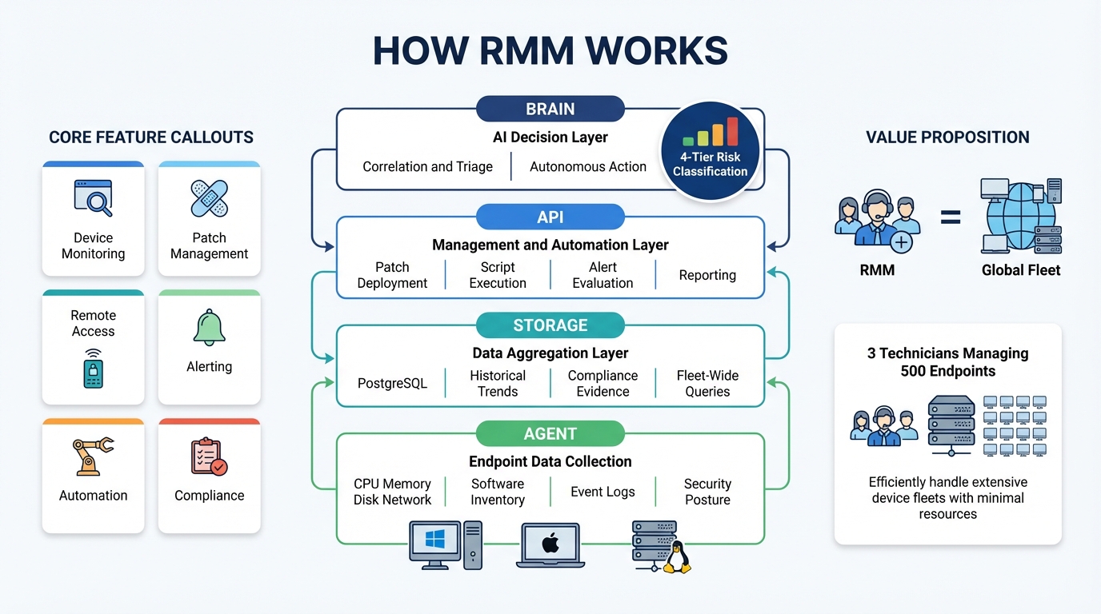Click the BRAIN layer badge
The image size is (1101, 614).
click(x=550, y=109)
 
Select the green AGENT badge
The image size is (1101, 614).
click(x=550, y=433)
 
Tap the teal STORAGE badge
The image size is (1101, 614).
click(x=550, y=325)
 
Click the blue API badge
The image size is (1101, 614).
click(x=550, y=217)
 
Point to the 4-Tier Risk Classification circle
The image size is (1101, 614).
click(x=710, y=150)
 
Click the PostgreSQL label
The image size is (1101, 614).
click(x=392, y=384)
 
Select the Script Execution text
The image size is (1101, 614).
click(x=498, y=275)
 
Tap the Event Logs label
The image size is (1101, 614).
click(x=603, y=492)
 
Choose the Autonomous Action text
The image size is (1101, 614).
click(x=588, y=167)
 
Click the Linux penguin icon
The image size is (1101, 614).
click(x=677, y=557)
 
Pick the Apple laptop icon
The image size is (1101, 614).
click(x=550, y=545)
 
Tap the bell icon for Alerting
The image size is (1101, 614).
click(x=210, y=328)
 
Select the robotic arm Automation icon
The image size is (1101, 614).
click(x=93, y=457)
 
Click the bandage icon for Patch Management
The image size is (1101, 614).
click(x=210, y=197)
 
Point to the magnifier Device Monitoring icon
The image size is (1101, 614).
click(x=94, y=197)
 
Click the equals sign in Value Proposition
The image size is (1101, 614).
click(x=950, y=217)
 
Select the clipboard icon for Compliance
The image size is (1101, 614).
click(x=209, y=457)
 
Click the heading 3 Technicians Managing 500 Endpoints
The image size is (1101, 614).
click(x=947, y=362)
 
